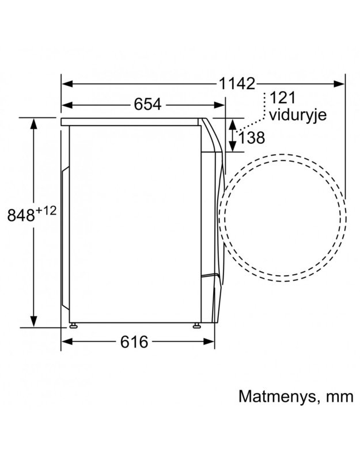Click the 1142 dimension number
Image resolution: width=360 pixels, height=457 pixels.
(x=237, y=83)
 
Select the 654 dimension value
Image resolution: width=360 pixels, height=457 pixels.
(x=147, y=104)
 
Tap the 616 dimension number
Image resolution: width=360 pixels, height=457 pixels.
(x=134, y=341)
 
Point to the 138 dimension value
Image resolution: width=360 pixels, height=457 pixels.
(x=252, y=138)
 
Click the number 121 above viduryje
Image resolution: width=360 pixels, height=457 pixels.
(x=282, y=98)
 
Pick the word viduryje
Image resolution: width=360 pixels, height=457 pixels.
(x=298, y=116)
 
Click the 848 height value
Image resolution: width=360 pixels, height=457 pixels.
(x=21, y=215)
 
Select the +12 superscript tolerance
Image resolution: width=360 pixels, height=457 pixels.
(x=46, y=211)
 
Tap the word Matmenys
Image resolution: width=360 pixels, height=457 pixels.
(x=277, y=397)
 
